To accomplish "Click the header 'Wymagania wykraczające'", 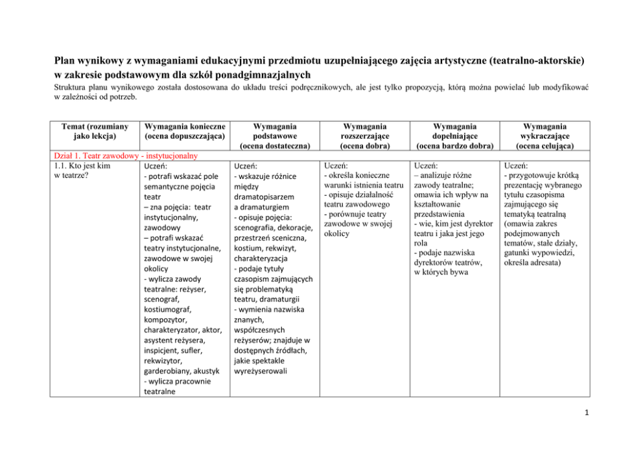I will [x=544, y=131].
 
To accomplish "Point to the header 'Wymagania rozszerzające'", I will [x=365, y=131].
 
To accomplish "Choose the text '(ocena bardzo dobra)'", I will [x=454, y=146].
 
